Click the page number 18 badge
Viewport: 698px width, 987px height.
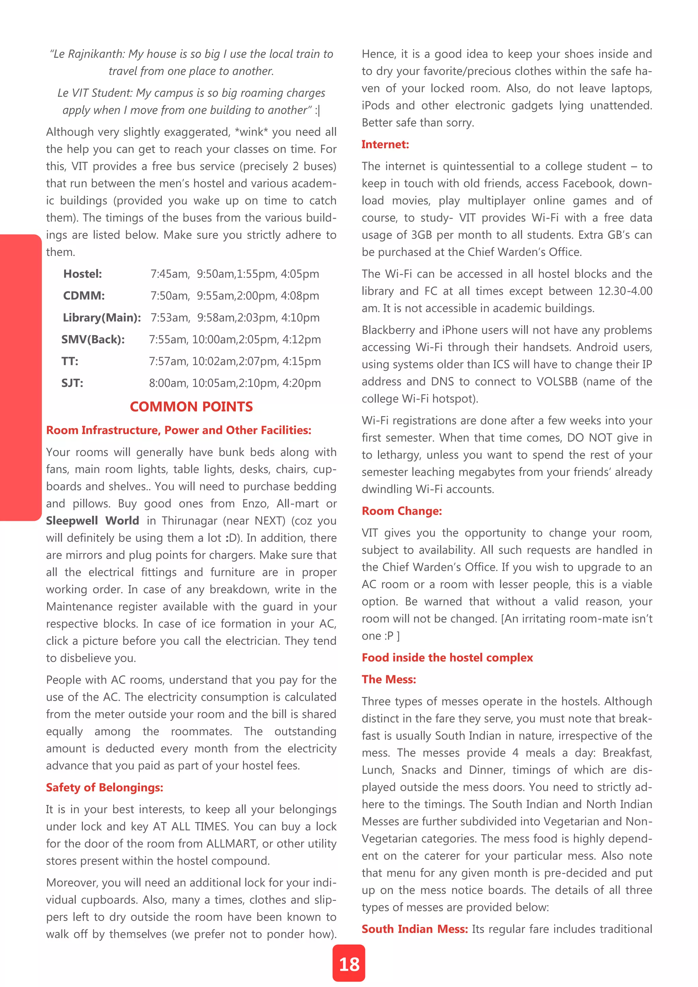point(349,964)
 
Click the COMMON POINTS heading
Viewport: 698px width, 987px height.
point(191,407)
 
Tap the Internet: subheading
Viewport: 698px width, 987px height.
point(385,145)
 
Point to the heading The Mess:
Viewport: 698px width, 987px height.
point(389,679)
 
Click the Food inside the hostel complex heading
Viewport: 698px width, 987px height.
point(447,657)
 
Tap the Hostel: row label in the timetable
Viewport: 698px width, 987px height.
point(82,274)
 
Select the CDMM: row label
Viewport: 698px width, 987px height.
point(84,296)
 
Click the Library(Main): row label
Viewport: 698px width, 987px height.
point(102,318)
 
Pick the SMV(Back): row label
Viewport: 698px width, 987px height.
point(93,339)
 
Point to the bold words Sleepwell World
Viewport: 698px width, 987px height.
point(92,520)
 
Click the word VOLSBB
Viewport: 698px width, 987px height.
point(557,381)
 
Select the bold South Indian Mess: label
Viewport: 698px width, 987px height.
point(414,929)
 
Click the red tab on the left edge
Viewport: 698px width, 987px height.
point(20,377)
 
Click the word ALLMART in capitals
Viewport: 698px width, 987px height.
point(232,844)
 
